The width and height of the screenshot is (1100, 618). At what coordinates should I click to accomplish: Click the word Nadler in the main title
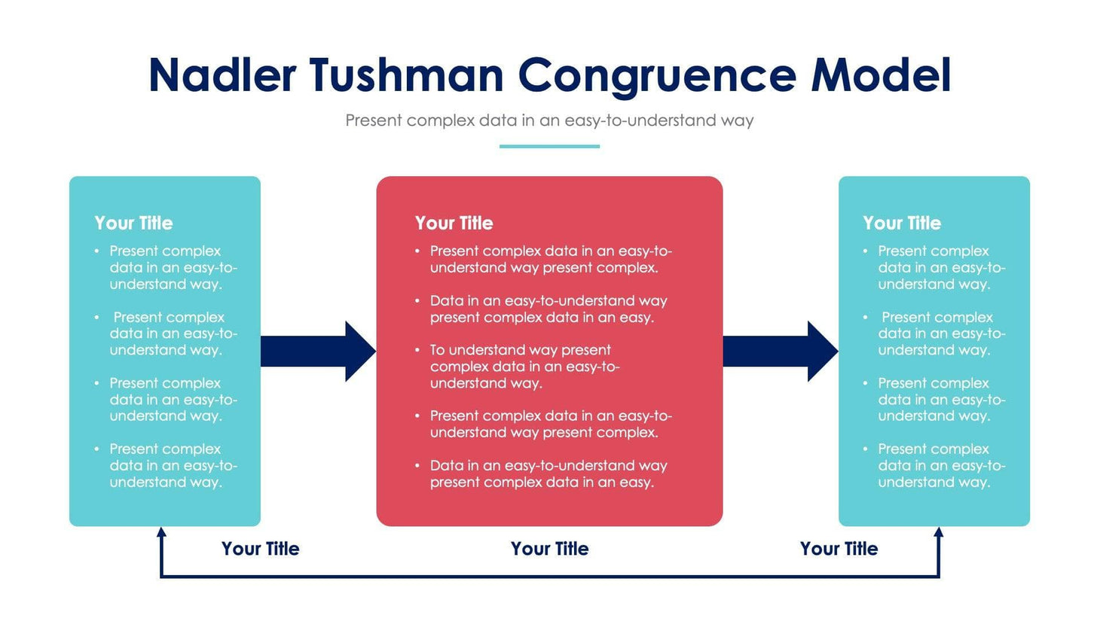pyautogui.click(x=222, y=76)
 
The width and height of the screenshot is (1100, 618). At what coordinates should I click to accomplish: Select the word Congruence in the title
pyautogui.click(x=656, y=76)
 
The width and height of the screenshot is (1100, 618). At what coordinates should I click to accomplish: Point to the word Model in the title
pyautogui.click(x=881, y=76)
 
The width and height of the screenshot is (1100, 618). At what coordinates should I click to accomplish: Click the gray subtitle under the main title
pyautogui.click(x=549, y=120)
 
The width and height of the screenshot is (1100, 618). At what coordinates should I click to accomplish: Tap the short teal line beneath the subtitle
pyautogui.click(x=549, y=146)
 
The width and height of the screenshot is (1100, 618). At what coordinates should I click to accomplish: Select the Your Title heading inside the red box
pyautogui.click(x=454, y=223)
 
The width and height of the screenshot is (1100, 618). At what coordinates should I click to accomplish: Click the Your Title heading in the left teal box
pyautogui.click(x=133, y=223)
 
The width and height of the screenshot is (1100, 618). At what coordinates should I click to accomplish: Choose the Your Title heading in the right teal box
pyautogui.click(x=902, y=223)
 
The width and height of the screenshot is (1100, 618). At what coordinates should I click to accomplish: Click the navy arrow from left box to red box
pyautogui.click(x=317, y=352)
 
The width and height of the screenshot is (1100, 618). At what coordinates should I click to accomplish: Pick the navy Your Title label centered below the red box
pyautogui.click(x=549, y=549)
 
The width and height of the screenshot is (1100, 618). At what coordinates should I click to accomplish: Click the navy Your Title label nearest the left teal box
pyautogui.click(x=260, y=549)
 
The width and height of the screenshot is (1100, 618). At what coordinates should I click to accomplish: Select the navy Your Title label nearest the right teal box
pyautogui.click(x=839, y=549)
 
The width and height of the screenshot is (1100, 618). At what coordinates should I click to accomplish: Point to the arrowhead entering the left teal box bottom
pyautogui.click(x=161, y=533)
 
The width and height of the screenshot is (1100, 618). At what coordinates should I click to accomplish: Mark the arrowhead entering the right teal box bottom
pyautogui.click(x=939, y=533)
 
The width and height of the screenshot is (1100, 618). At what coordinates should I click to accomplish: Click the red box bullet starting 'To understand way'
pyautogui.click(x=524, y=367)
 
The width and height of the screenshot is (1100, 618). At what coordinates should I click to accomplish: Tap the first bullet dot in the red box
pyautogui.click(x=417, y=251)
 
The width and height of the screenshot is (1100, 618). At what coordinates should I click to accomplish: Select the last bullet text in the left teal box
pyautogui.click(x=173, y=465)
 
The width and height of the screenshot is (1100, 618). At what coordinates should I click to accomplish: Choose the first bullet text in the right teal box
pyautogui.click(x=941, y=267)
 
